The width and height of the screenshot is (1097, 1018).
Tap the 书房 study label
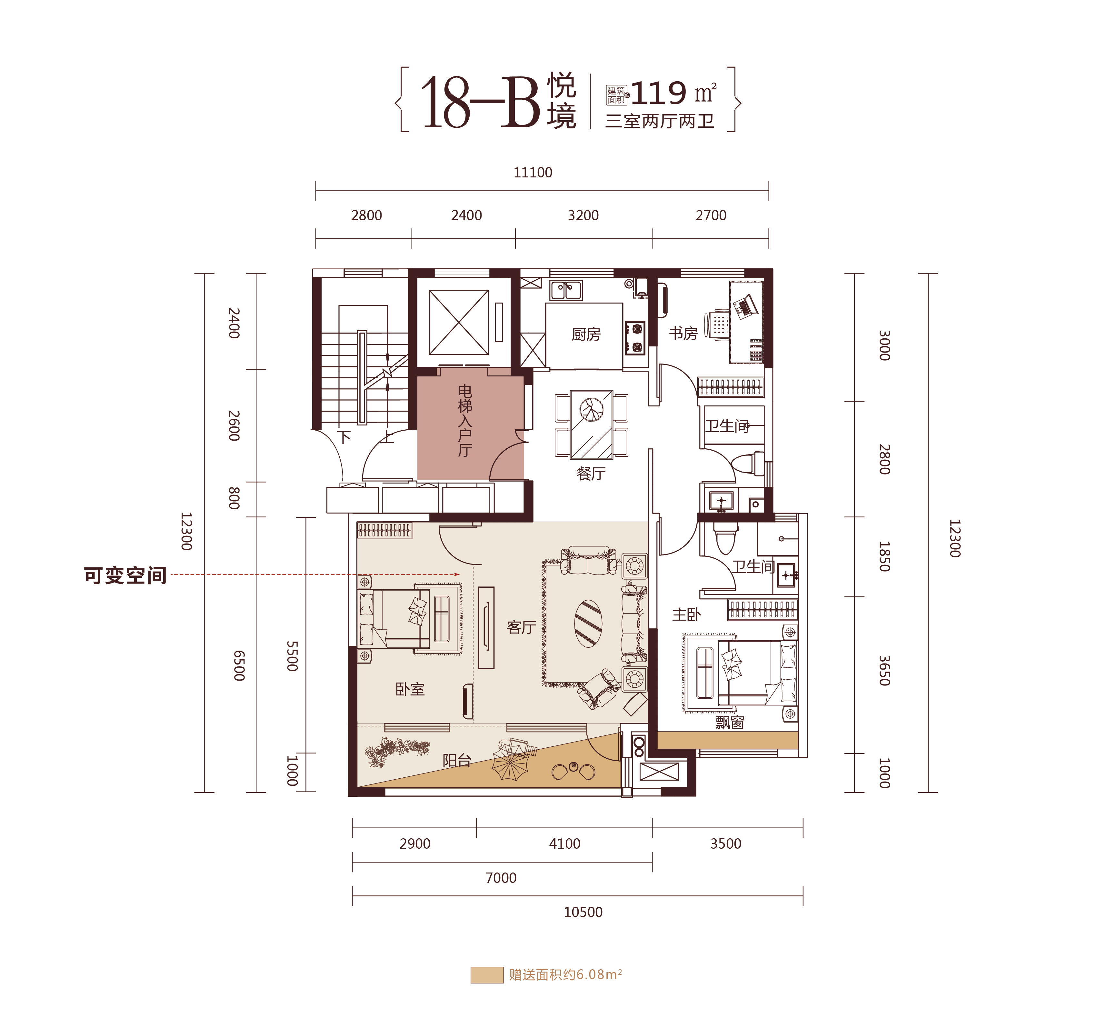(x=683, y=333)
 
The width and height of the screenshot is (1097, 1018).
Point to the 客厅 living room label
(x=521, y=627)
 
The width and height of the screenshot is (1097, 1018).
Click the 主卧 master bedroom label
(x=686, y=614)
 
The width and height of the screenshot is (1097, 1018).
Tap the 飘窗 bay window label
(x=730, y=722)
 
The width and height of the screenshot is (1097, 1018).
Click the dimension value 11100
(x=533, y=173)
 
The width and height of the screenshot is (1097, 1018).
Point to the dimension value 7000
(x=501, y=878)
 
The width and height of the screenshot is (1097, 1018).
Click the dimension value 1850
(x=884, y=556)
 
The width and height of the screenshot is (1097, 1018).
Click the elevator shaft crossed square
(x=458, y=322)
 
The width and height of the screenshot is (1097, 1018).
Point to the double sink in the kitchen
(x=566, y=290)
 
